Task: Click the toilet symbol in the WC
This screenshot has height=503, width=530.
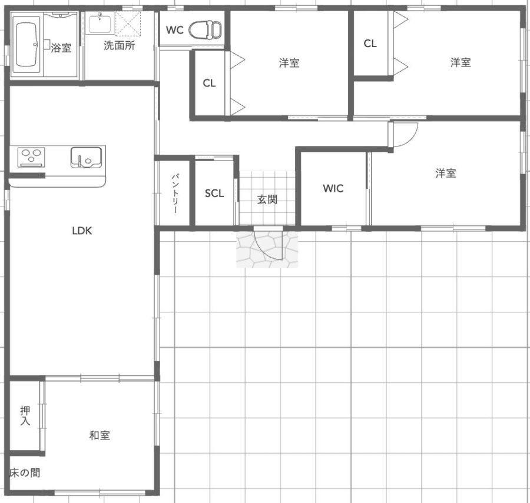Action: click(x=205, y=29)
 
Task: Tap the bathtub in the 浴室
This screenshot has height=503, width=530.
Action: click(x=26, y=44)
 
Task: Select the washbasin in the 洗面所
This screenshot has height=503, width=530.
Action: click(x=100, y=23)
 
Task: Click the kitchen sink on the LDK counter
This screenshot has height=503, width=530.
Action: click(x=86, y=157)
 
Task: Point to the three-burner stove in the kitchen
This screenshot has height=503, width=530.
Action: click(x=31, y=157)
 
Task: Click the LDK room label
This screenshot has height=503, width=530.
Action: click(x=82, y=231)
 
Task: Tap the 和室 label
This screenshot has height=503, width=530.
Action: click(x=100, y=435)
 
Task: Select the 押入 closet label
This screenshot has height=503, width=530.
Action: click(x=25, y=415)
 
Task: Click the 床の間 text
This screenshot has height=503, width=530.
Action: click(x=25, y=472)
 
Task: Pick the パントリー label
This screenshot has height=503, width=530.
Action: click(x=175, y=194)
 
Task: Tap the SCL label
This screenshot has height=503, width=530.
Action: click(x=214, y=194)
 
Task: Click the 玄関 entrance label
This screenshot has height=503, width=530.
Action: click(x=267, y=199)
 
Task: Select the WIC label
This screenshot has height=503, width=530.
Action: click(x=333, y=188)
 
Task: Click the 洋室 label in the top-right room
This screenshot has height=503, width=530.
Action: click(x=461, y=62)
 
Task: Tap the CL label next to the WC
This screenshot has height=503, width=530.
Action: click(x=209, y=83)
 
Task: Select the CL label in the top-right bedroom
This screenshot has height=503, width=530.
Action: click(x=370, y=44)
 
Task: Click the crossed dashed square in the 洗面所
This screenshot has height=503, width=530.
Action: click(x=128, y=24)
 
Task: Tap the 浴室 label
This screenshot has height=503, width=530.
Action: click(x=61, y=48)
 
